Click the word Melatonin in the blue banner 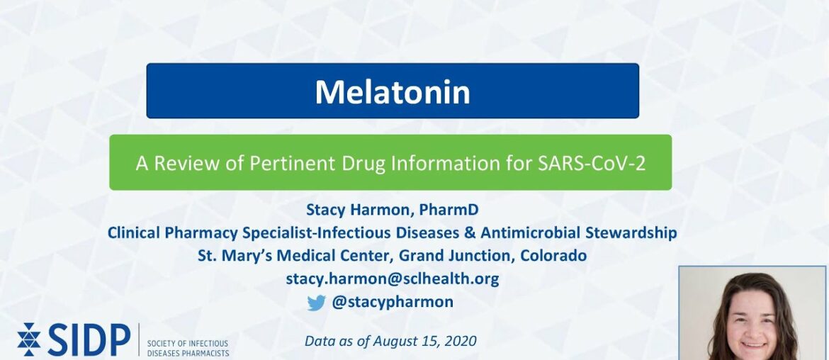(392, 91)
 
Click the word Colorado (553, 255)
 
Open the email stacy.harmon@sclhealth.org (392, 279)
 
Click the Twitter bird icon (316, 303)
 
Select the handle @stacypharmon (393, 302)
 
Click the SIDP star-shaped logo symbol (29, 339)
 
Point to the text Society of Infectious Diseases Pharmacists (188, 347)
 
